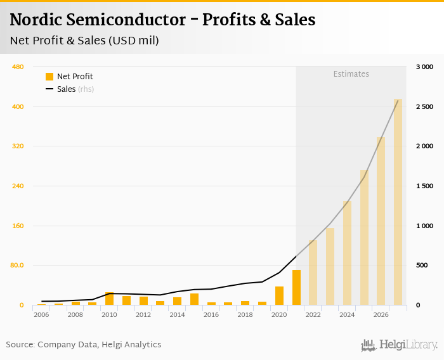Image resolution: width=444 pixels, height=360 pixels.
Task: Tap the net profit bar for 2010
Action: [109, 299]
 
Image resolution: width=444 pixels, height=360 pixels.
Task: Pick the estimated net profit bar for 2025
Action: [364, 237]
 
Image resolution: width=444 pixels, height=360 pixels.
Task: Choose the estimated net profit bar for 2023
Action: [330, 266]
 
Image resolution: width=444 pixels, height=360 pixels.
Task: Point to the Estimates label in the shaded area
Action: [351, 74]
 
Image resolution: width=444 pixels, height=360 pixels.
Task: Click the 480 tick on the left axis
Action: [18, 67]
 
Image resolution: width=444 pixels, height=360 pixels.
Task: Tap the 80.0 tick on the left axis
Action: [16, 266]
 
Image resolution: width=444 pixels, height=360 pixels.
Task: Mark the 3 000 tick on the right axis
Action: [424, 67]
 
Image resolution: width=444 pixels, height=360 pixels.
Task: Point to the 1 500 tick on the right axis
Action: [424, 186]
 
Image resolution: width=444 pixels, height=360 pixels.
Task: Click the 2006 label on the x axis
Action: [41, 315]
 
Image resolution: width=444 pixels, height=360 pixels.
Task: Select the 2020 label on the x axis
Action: [279, 315]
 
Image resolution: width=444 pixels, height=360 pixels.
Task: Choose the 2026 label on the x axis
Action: [381, 315]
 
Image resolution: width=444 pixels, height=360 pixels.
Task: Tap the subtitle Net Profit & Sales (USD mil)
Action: [84, 41]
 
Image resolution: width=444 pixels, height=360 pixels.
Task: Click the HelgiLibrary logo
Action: [399, 345]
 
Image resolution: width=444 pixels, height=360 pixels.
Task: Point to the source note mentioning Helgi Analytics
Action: [84, 345]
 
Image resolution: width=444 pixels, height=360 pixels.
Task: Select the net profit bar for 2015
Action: [194, 299]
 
